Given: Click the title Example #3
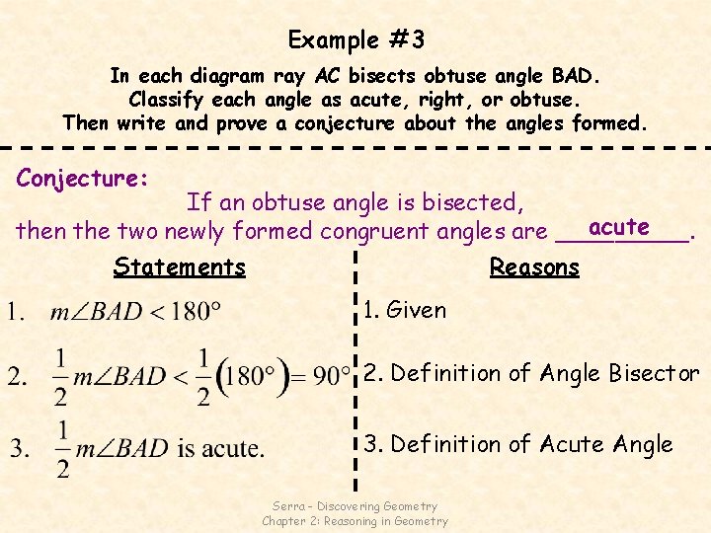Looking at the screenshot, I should (355, 40).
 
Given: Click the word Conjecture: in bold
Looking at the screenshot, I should (83, 179).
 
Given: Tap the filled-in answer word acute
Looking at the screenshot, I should (618, 227).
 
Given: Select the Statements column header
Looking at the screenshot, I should (179, 266).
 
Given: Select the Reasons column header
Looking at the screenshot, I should (534, 266).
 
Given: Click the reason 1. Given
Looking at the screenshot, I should (405, 310).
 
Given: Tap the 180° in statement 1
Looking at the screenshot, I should (197, 313).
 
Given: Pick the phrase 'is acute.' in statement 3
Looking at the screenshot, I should (220, 449).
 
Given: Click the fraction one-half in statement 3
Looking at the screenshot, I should (63, 449).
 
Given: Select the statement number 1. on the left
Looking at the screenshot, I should (17, 313).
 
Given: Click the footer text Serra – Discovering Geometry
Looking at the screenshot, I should (355, 506).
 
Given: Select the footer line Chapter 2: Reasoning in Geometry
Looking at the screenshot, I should (355, 521).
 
